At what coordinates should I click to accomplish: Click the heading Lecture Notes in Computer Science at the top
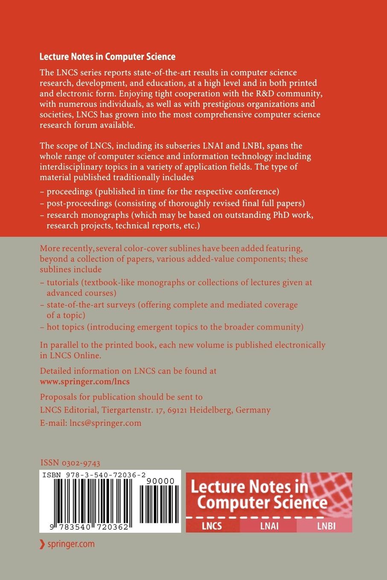(x=107, y=56)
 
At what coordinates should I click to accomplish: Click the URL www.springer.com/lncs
(x=84, y=381)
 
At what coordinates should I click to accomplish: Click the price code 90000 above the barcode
(x=160, y=481)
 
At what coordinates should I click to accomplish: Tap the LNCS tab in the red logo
(x=212, y=526)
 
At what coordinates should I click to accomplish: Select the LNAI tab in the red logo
(x=269, y=526)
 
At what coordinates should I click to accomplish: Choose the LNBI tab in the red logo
(x=326, y=526)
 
